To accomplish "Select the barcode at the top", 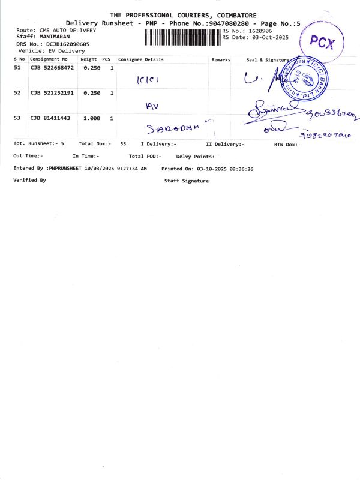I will [x=182, y=37].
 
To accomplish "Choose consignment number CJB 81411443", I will [x=50, y=118].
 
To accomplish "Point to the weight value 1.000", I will [x=91, y=118].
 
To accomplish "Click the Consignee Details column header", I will [x=141, y=59].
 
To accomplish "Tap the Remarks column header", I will [x=221, y=59].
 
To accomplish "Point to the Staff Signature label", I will [x=187, y=181].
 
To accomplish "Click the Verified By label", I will [x=29, y=180].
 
